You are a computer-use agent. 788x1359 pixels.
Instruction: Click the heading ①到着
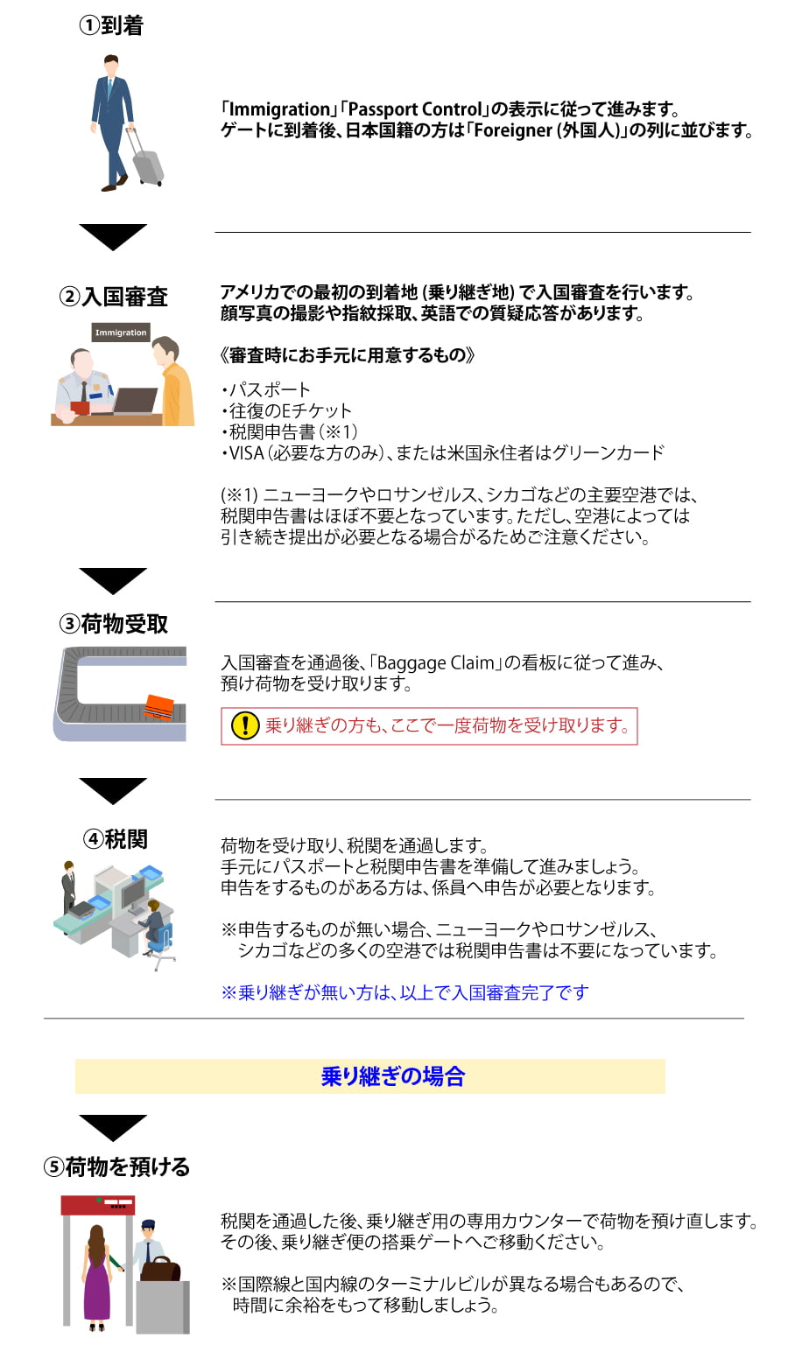click(x=112, y=25)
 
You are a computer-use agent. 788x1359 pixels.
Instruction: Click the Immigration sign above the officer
click(x=121, y=333)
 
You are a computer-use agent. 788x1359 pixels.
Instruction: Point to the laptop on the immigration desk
click(x=135, y=401)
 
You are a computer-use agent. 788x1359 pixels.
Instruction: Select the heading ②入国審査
click(x=114, y=297)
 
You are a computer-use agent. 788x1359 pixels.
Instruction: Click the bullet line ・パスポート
click(x=266, y=389)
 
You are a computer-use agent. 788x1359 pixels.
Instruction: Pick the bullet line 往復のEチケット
click(x=286, y=410)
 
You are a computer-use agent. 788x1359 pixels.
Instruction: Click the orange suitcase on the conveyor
click(x=159, y=707)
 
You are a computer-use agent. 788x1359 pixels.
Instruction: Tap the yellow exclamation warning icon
click(x=245, y=725)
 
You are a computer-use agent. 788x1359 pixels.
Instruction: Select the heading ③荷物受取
click(x=114, y=624)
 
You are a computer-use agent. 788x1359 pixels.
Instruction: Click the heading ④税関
click(x=116, y=839)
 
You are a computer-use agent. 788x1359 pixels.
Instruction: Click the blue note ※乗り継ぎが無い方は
click(x=405, y=992)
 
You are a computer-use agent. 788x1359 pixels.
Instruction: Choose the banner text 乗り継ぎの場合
click(x=393, y=1076)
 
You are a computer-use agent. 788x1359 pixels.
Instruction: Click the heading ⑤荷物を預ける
click(x=116, y=1166)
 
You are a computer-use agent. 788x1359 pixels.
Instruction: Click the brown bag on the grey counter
click(x=161, y=1268)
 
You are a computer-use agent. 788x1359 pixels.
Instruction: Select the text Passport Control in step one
click(x=415, y=109)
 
